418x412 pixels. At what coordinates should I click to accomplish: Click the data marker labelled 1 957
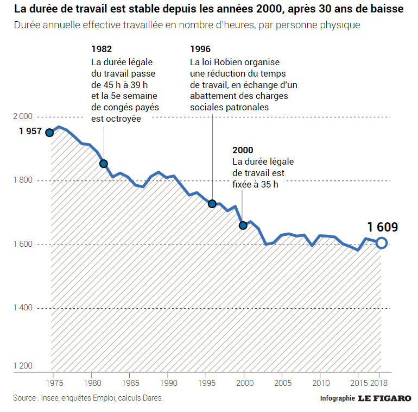49,133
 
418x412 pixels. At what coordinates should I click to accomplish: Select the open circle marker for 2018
382,243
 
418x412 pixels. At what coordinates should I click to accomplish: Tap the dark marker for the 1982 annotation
104,164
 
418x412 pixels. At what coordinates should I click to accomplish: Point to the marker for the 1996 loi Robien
212,204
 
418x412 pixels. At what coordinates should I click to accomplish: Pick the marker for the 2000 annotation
243,225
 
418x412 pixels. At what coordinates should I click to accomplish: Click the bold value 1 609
382,227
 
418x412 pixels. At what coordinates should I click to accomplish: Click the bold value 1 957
30,132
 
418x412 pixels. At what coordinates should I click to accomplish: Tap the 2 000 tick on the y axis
23,116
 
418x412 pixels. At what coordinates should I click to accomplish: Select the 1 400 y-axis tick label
23,308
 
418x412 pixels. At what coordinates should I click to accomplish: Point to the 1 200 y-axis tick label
23,366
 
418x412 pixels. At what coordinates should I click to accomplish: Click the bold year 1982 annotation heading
102,48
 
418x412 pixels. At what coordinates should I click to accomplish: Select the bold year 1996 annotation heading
200,48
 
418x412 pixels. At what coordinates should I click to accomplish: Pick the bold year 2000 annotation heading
243,150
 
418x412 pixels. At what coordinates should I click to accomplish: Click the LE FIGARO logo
384,398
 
